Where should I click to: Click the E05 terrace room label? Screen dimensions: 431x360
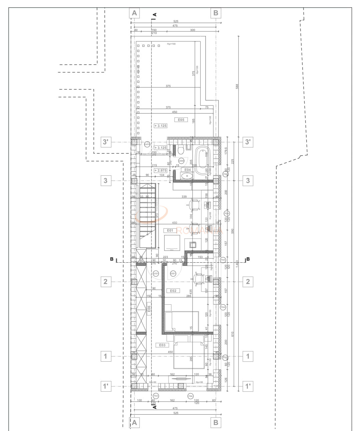[x=181, y=120]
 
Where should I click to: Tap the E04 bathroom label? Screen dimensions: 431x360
[x=188, y=170]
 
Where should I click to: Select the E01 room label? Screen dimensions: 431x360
[x=170, y=230]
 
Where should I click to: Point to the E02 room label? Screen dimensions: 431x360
[x=173, y=291]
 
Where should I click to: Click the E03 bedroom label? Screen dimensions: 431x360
[x=162, y=345]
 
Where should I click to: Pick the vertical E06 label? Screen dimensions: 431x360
[x=149, y=309]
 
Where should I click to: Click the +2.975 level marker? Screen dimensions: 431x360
[x=160, y=170]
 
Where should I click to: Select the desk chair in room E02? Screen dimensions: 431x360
[x=199, y=278]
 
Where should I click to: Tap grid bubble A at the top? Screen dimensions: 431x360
[x=134, y=13]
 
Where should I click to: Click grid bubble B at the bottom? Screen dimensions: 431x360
[x=216, y=422]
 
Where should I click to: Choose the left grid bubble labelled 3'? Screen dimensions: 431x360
[x=105, y=142]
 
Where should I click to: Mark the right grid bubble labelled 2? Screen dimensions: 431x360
[x=248, y=282]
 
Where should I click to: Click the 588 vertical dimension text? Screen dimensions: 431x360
[x=237, y=86]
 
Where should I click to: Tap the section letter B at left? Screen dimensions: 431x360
[x=112, y=259]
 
